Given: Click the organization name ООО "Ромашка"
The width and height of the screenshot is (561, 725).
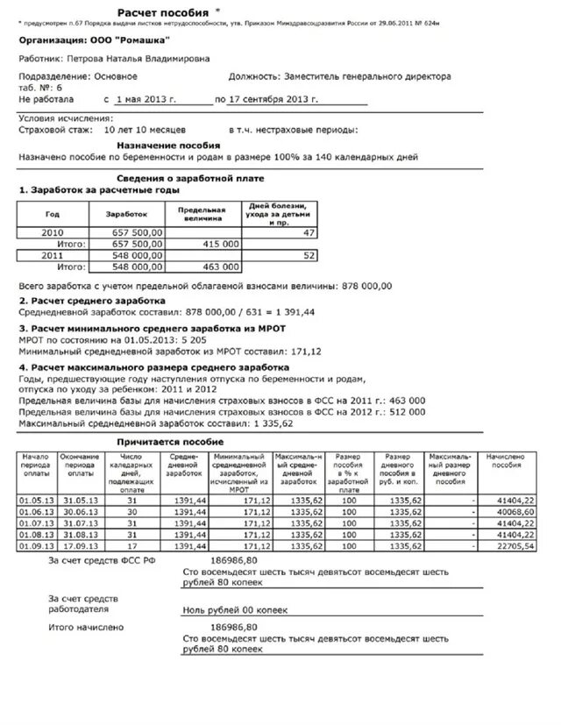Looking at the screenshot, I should [130, 40].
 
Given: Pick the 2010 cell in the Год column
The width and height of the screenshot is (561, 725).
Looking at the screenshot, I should [52, 232].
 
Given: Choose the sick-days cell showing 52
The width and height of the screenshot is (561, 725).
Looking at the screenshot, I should [308, 254].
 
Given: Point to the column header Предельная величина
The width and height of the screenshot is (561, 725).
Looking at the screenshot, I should [202, 214].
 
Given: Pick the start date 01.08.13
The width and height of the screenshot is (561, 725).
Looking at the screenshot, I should [36, 533].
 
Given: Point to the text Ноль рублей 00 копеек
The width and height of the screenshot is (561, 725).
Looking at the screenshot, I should [235, 609].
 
